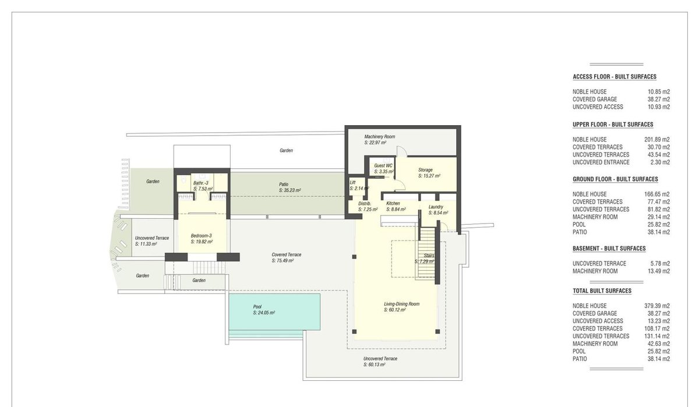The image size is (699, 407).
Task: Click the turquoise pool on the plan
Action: click(274, 312)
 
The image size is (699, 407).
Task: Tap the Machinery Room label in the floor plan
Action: click(379, 137)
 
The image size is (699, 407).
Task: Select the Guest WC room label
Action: click(383, 165)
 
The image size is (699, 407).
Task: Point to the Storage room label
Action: click(425, 170)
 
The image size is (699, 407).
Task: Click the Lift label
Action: click(352, 182)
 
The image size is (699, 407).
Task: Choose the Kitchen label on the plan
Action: click(393, 203)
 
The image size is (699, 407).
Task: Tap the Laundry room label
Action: click(436, 207)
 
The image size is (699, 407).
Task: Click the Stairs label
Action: click(429, 256)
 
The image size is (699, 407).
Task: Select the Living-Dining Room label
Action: click(401, 304)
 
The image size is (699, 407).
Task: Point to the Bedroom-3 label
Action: click(202, 236)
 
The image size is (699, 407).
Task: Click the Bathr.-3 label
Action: click(200, 183)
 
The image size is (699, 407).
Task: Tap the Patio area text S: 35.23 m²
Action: click(290, 190)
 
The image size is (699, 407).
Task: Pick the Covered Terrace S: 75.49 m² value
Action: click(283, 261)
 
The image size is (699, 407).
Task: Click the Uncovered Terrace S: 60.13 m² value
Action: click(375, 364)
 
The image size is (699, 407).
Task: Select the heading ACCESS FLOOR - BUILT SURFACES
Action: click(615, 77)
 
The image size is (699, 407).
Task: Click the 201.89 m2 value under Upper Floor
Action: click(657, 139)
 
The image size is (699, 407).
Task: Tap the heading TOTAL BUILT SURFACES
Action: click(602, 291)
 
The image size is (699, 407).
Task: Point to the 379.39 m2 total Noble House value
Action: click(657, 306)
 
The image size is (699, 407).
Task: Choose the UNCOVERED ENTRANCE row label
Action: click(601, 162)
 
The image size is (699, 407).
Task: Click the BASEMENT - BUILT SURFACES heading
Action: click(609, 249)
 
